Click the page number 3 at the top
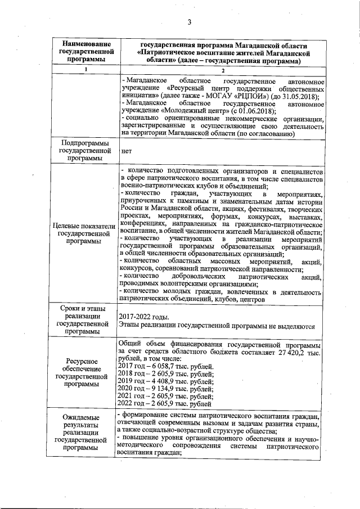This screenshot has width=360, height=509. tap(190, 22)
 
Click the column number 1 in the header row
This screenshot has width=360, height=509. tap(85, 69)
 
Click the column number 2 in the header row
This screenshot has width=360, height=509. tap(223, 69)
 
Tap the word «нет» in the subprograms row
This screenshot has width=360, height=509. tap(127, 151)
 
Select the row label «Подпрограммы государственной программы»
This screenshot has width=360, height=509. tap(85, 151)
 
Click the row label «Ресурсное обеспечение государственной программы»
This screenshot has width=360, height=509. tap(85, 372)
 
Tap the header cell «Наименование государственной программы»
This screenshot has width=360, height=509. tap(85, 52)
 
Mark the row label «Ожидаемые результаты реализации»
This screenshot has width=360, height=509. tap(85, 433)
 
